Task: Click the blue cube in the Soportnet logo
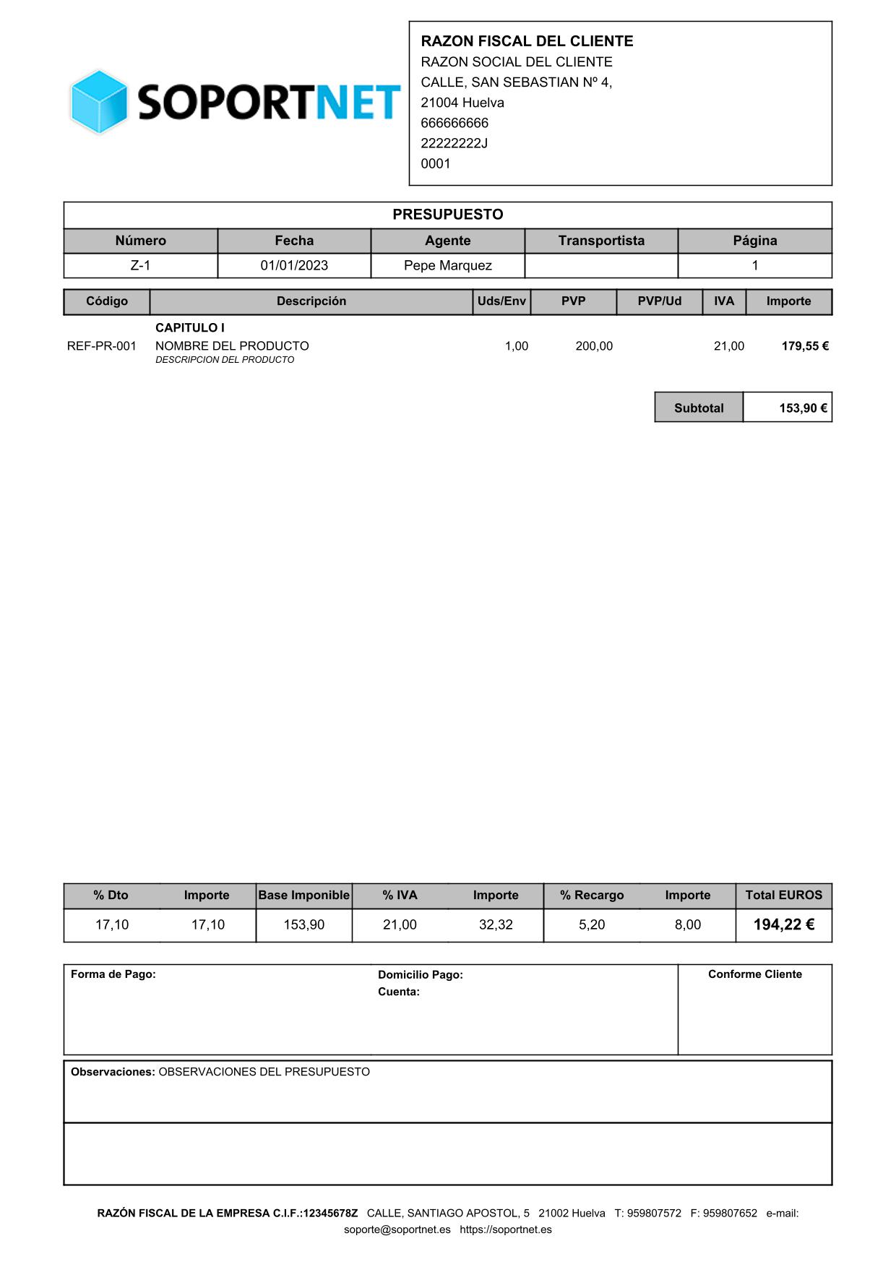[99, 102]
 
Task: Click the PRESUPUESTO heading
[447, 215]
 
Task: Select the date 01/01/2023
[294, 266]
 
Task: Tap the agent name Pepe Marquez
[447, 266]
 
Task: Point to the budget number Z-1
[140, 266]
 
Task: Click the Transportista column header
[600, 241]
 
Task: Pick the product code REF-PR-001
[102, 346]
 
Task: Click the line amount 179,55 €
[804, 346]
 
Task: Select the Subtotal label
[698, 408]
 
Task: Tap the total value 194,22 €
[783, 925]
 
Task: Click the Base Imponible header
[303, 896]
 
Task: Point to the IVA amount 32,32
[496, 925]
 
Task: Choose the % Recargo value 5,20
[592, 925]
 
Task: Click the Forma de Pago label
[113, 974]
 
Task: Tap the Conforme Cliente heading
[754, 974]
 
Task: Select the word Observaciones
[112, 1072]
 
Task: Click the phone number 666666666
[455, 123]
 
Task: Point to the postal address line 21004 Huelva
[462, 103]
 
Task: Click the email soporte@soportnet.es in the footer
[397, 1229]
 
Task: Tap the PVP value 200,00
[593, 346]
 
